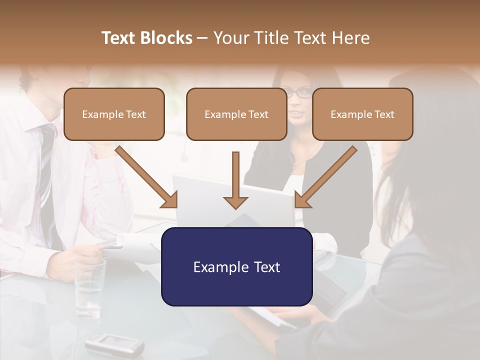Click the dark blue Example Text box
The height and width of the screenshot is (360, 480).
[x=236, y=266]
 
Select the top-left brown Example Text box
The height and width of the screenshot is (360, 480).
[x=114, y=114]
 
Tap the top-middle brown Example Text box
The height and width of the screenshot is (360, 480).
[x=236, y=114]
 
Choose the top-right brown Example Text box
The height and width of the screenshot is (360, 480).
[x=362, y=114]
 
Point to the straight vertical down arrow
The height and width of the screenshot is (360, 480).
[x=235, y=180]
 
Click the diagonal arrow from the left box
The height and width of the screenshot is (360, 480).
[x=145, y=175]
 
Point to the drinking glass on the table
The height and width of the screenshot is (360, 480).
[x=90, y=287]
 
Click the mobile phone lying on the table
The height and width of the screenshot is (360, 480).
[x=114, y=344]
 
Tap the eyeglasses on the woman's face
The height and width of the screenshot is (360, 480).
[x=298, y=92]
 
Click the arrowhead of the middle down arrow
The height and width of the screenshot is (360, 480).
[x=235, y=202]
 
